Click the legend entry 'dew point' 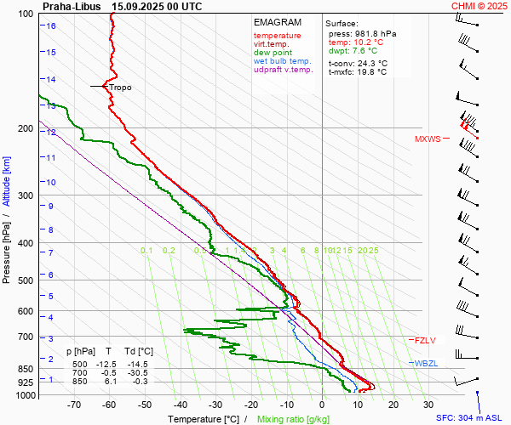[271, 53]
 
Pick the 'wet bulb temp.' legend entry [283, 62]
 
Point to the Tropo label [120, 88]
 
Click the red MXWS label [428, 139]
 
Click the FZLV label [425, 341]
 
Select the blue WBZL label [426, 364]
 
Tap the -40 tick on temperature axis [180, 406]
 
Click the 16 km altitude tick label [51, 26]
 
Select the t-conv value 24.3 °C [370, 63]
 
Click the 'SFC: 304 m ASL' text [471, 418]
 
